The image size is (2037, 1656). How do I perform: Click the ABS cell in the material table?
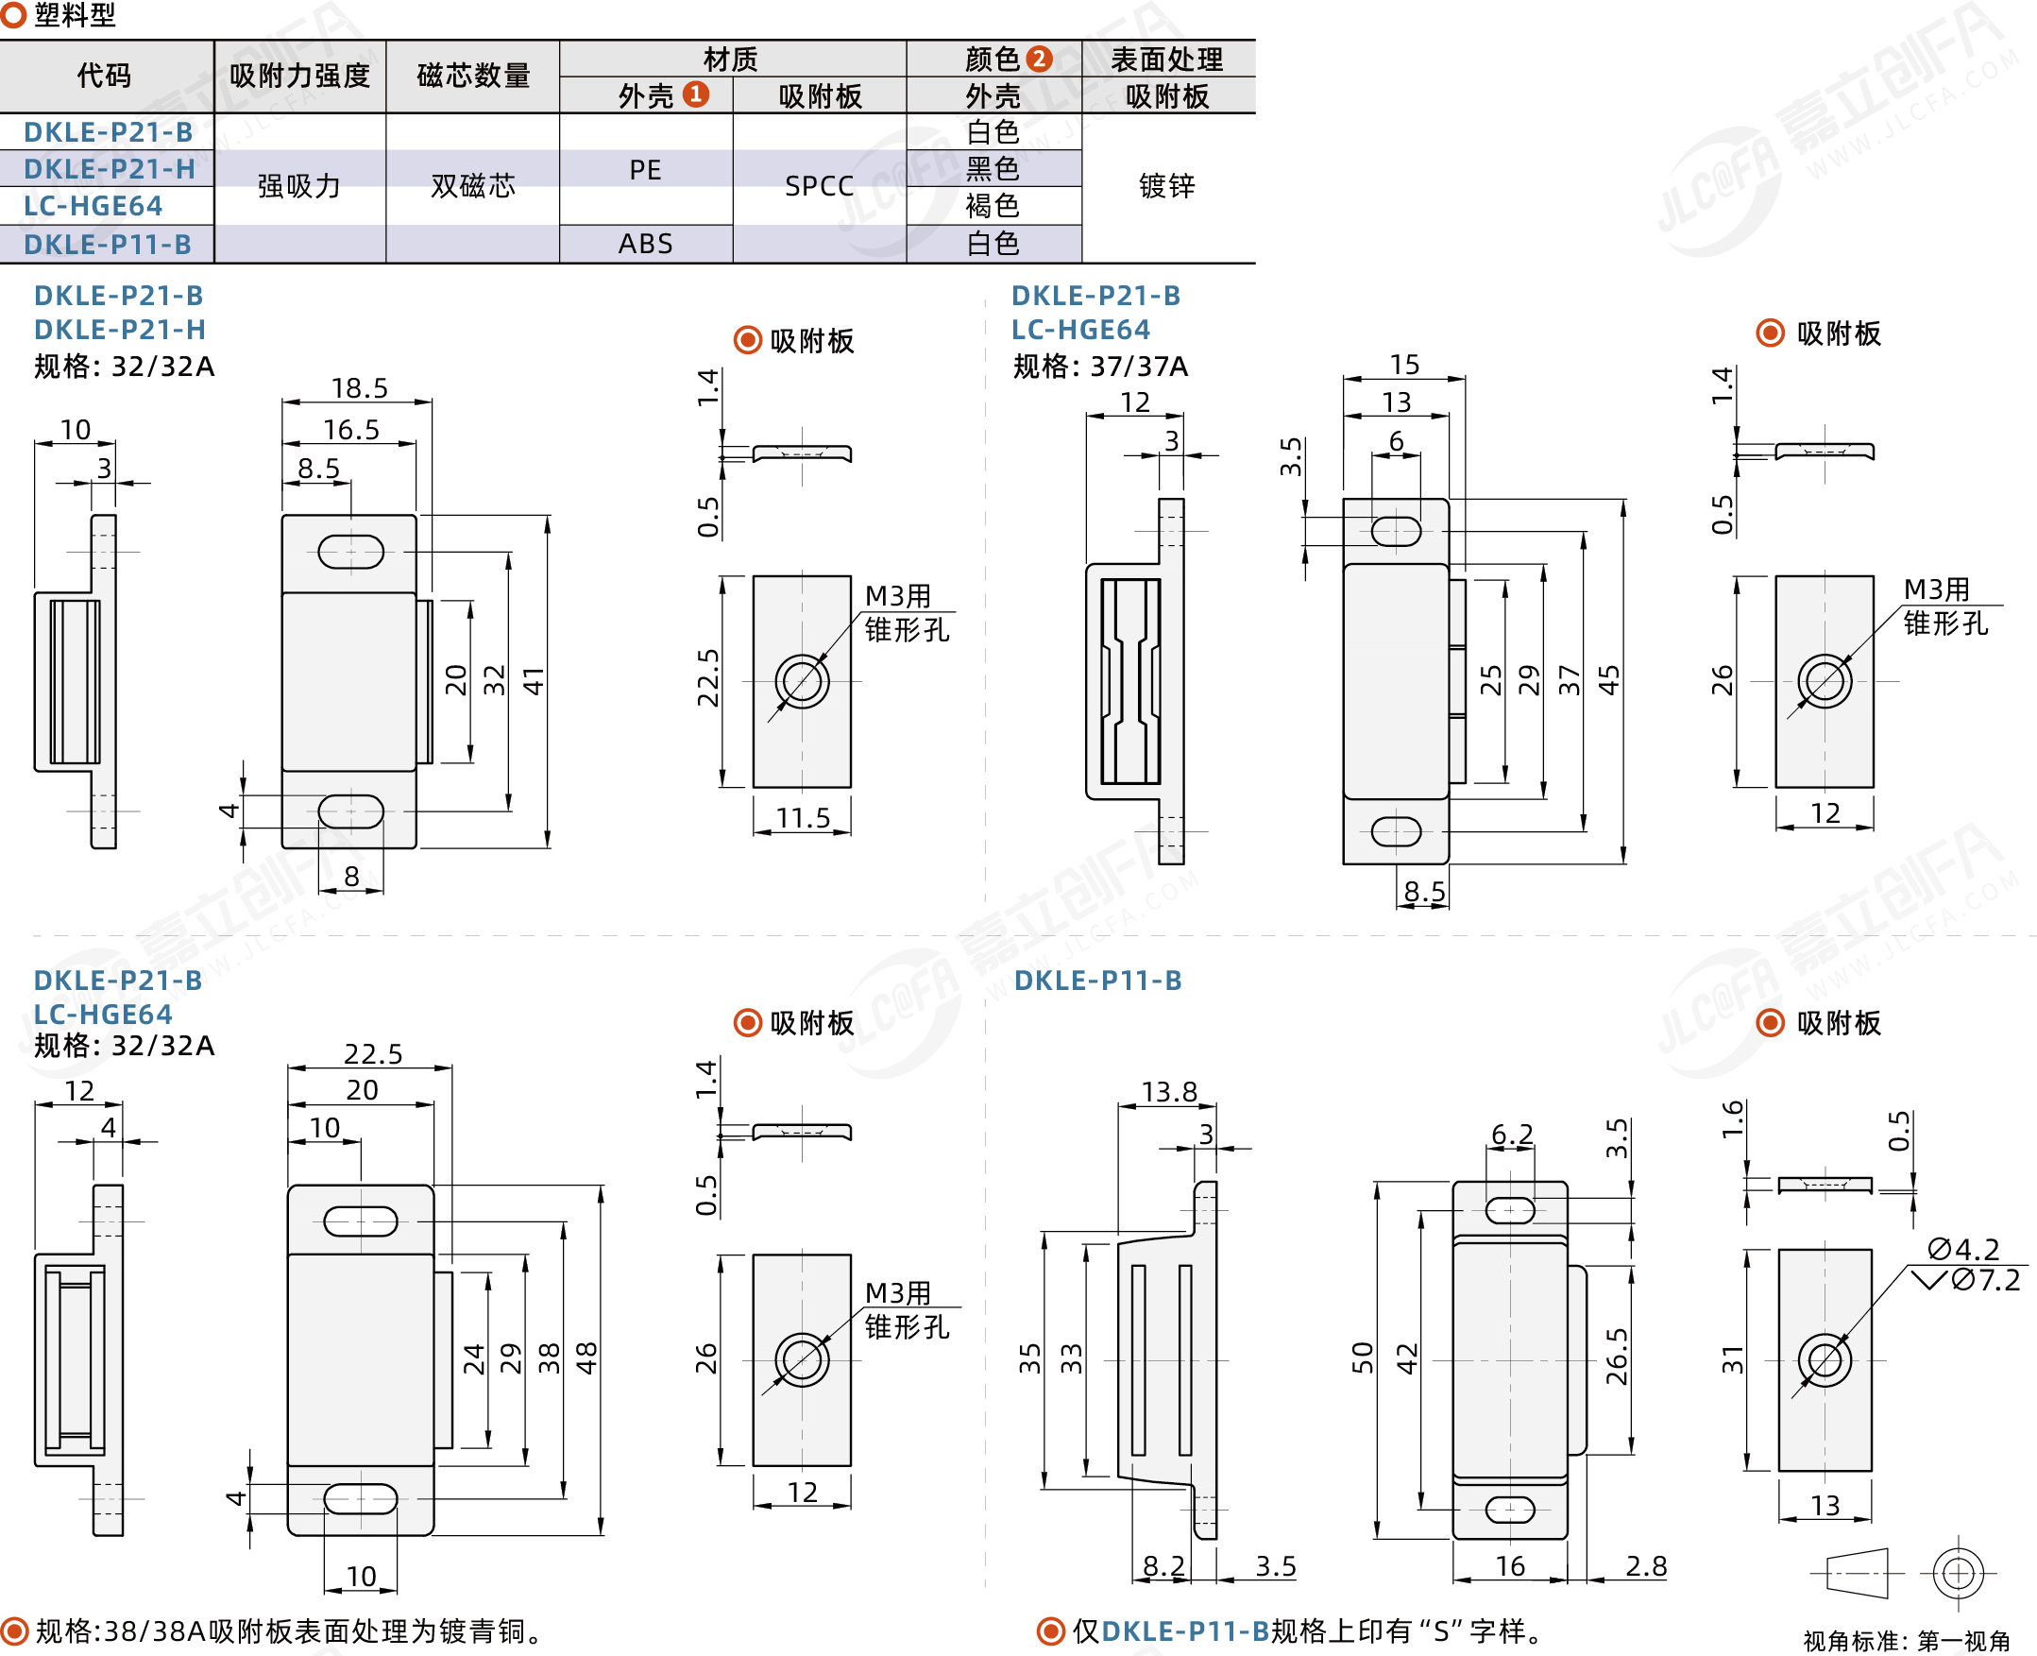point(645,245)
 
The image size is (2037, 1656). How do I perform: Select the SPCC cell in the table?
point(818,186)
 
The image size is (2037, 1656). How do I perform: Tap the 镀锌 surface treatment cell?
point(1166,186)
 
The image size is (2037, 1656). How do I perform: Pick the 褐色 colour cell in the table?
point(993,206)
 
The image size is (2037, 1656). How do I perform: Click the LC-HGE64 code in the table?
point(93,206)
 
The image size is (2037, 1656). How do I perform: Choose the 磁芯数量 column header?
point(473,76)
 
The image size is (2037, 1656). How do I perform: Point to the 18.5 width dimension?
point(360,388)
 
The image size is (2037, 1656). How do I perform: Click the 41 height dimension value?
point(533,681)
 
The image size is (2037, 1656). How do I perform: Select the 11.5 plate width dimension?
point(802,817)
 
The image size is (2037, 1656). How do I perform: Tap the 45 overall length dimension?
point(1609,680)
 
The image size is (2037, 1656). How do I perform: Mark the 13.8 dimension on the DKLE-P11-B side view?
point(1169,1091)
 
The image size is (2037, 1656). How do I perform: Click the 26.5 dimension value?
point(1617,1357)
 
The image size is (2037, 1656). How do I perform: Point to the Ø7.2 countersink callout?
point(1985,1280)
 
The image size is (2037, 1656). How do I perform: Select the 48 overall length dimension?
point(586,1357)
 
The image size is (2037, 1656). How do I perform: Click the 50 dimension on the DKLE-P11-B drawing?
point(1363,1357)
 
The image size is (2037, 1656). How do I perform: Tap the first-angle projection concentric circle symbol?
point(1958,1572)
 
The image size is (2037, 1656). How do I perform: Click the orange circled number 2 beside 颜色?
point(1039,60)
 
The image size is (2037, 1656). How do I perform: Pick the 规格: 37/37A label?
point(1100,367)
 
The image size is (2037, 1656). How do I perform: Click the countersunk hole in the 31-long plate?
point(1825,1360)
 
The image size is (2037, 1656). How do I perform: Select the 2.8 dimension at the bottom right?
point(1646,1566)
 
